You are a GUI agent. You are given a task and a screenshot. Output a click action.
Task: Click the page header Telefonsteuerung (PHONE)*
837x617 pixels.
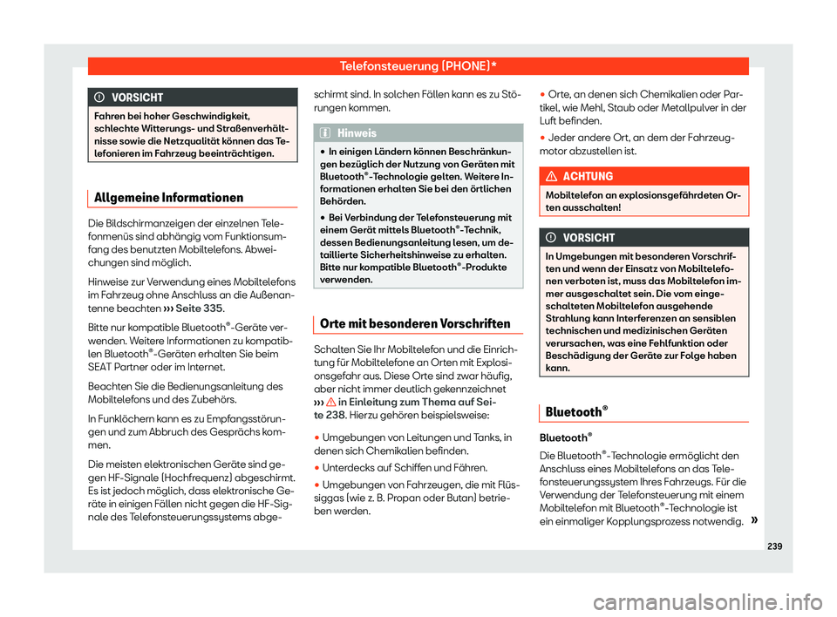click(418, 65)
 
